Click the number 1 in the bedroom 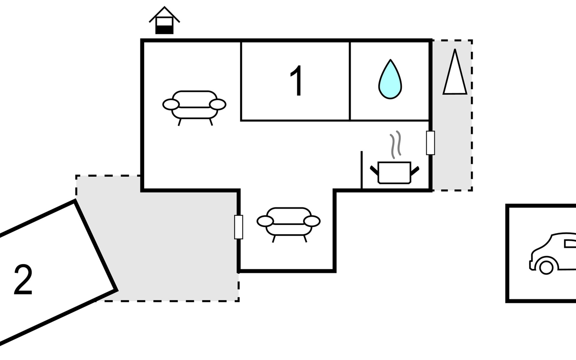pos(297,81)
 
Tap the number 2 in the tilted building pos(23,280)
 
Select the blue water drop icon pos(390,79)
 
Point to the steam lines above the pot pos(395,144)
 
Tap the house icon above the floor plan pos(164,20)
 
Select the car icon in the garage pos(553,253)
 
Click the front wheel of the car pos(546,267)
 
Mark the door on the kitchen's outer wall pos(430,143)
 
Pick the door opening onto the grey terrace pos(238,227)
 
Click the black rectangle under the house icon pos(164,30)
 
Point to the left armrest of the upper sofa pos(171,104)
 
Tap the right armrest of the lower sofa pos(312,221)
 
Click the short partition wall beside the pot pos(361,170)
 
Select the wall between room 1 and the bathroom pos(350,81)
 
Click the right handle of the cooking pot pos(415,171)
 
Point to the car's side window pos(570,244)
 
